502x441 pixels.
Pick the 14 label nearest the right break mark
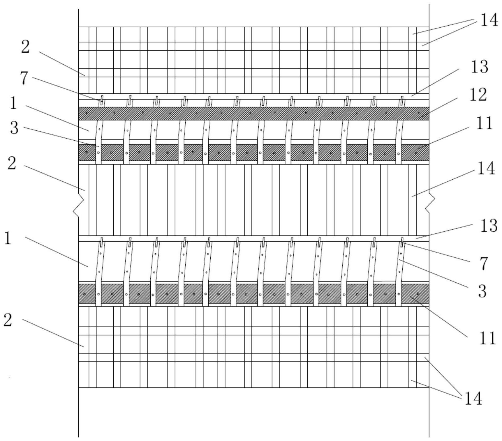[x=486, y=168]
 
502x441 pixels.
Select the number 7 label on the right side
[x=483, y=264]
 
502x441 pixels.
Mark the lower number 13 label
[x=489, y=226]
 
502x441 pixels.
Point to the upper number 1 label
[x=13, y=104]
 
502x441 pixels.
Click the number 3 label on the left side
[x=14, y=128]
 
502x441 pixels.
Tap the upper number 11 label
[x=484, y=123]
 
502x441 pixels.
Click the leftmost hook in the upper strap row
[x=102, y=100]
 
